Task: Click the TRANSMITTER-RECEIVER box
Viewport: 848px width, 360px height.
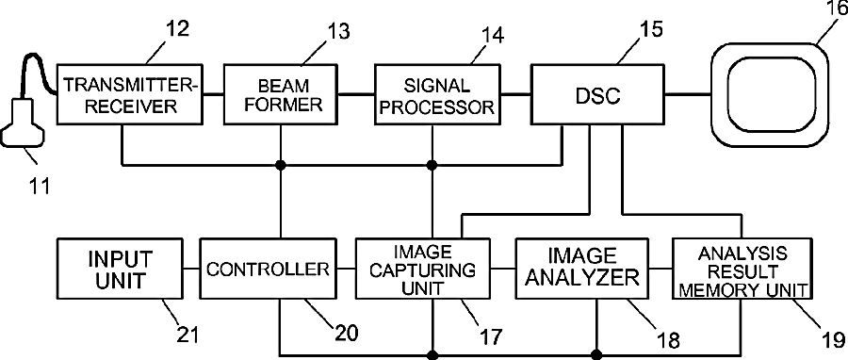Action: coord(129,94)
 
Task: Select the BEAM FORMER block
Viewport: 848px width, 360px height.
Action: coord(281,94)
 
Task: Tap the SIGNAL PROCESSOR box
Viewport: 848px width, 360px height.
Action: coord(437,94)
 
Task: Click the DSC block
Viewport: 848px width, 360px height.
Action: coord(597,94)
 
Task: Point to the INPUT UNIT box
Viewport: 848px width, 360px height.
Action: coord(120,269)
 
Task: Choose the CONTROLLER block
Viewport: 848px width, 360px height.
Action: coord(269,269)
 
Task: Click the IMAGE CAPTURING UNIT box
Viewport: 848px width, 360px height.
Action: coord(422,269)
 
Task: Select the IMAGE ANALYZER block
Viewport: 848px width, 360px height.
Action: coord(582,269)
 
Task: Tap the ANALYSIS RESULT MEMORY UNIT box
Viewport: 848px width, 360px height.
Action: coord(742,269)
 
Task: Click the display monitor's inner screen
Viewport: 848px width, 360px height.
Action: coord(772,94)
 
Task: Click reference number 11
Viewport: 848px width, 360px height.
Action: coord(39,186)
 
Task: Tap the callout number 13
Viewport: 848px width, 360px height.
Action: coord(337,30)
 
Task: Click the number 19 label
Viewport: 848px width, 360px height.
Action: coord(833,339)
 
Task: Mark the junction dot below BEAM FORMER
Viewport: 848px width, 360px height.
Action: coord(281,165)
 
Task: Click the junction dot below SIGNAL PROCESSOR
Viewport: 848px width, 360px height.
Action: coord(432,165)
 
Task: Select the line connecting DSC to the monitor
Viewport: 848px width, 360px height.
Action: coord(688,94)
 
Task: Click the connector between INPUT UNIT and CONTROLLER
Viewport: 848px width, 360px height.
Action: coord(192,269)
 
